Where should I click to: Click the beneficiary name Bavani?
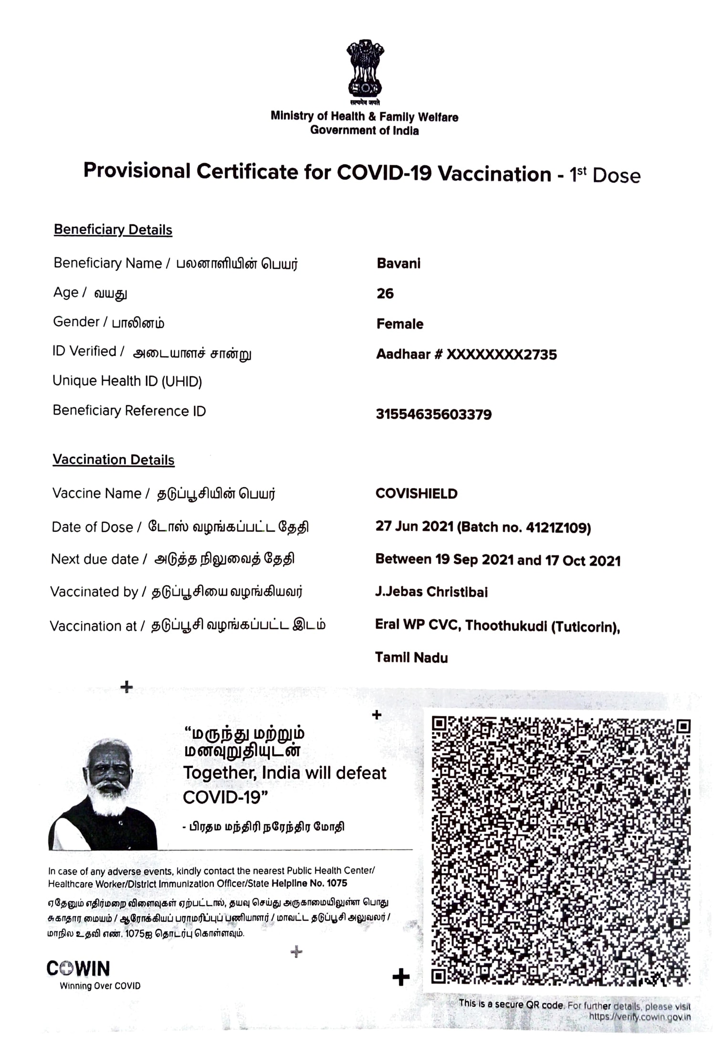pyautogui.click(x=398, y=263)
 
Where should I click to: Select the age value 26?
pyautogui.click(x=385, y=294)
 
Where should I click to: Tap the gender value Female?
pyautogui.click(x=400, y=324)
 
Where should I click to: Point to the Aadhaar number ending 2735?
pyautogui.click(x=466, y=355)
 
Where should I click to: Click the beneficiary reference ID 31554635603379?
pyautogui.click(x=433, y=414)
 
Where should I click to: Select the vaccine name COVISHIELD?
pyautogui.click(x=416, y=493)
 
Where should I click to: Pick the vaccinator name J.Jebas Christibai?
pyautogui.click(x=431, y=592)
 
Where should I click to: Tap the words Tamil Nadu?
pyautogui.click(x=411, y=658)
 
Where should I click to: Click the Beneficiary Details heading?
pyautogui.click(x=113, y=230)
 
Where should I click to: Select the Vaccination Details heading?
pyautogui.click(x=114, y=460)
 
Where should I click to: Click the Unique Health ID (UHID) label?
pyautogui.click(x=127, y=381)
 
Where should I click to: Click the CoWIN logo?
pyautogui.click(x=78, y=969)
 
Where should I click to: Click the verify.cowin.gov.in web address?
pyautogui.click(x=639, y=1017)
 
